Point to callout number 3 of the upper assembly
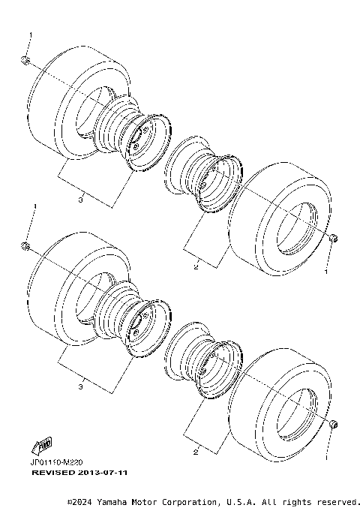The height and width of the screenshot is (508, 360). click(x=79, y=200)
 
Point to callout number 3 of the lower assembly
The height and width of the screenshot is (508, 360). click(x=79, y=387)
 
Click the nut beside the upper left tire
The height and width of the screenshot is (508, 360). click(x=25, y=60)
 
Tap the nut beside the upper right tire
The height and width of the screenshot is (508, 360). click(x=334, y=239)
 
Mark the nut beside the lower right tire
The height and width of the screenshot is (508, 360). click(x=334, y=425)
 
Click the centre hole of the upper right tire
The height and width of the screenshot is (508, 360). click(x=294, y=229)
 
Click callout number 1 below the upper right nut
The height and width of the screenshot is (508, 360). click(x=326, y=274)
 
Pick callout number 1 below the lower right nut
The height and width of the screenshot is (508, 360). click(x=326, y=455)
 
